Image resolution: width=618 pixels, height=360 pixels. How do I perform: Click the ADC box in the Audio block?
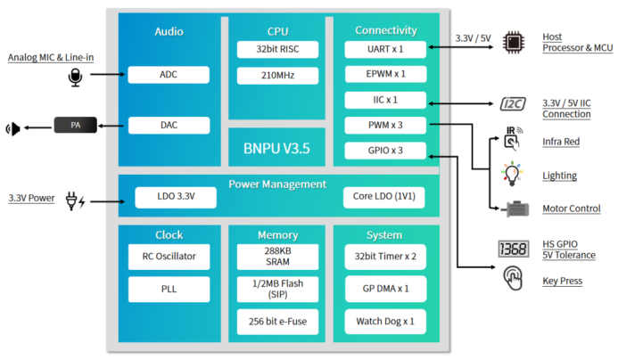click(x=169, y=75)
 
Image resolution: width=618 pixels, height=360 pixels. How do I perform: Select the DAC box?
click(x=169, y=126)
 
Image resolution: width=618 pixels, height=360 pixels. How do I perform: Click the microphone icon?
click(x=75, y=77)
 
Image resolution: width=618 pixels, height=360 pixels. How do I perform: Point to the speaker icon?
click(x=13, y=128)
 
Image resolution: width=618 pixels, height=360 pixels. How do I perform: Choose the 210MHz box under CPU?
click(x=271, y=75)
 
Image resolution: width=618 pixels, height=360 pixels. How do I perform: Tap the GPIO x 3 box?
click(x=386, y=151)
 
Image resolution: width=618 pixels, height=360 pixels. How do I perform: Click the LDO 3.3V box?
click(x=177, y=195)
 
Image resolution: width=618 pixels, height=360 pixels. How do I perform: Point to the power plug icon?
click(x=75, y=200)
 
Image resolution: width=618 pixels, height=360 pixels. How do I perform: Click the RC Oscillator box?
click(x=169, y=257)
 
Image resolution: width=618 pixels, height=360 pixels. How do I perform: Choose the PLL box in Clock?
click(x=169, y=290)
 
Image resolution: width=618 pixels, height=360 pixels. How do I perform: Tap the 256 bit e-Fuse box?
click(x=271, y=319)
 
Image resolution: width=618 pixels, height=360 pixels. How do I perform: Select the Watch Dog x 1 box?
click(x=386, y=319)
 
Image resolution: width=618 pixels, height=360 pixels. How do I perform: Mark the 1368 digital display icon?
click(x=514, y=250)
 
